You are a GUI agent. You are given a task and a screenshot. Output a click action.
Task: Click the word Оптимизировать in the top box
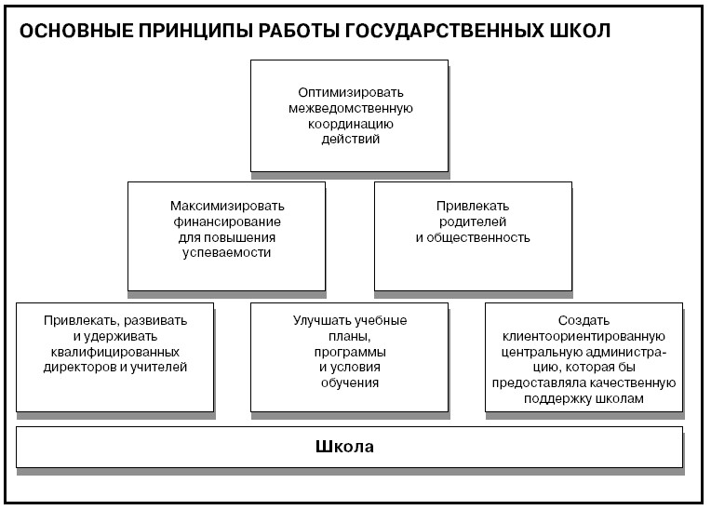coord(351,92)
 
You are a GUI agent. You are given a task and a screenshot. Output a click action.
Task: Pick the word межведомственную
coord(351,108)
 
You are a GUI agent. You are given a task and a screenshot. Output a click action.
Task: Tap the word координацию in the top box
coord(351,124)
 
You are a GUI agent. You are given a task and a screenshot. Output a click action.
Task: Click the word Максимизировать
coord(227,206)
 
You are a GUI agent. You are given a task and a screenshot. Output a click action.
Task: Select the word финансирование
coord(227,221)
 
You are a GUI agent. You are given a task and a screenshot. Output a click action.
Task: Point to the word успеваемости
coord(227,252)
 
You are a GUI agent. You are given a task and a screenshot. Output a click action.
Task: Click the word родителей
coord(473,221)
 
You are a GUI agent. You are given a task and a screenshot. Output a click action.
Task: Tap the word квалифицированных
coord(115,352)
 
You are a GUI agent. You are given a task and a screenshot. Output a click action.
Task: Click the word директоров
coord(80,367)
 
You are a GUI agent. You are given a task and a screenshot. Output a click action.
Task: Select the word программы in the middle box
coord(350,352)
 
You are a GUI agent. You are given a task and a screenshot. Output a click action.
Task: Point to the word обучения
coord(350,382)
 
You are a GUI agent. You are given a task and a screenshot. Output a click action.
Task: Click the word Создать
coord(584,320)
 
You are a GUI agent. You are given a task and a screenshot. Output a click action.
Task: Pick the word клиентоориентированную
coord(584,336)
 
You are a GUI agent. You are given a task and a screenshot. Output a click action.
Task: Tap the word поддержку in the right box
coord(557,398)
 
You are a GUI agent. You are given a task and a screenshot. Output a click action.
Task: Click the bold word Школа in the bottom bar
coord(344,447)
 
